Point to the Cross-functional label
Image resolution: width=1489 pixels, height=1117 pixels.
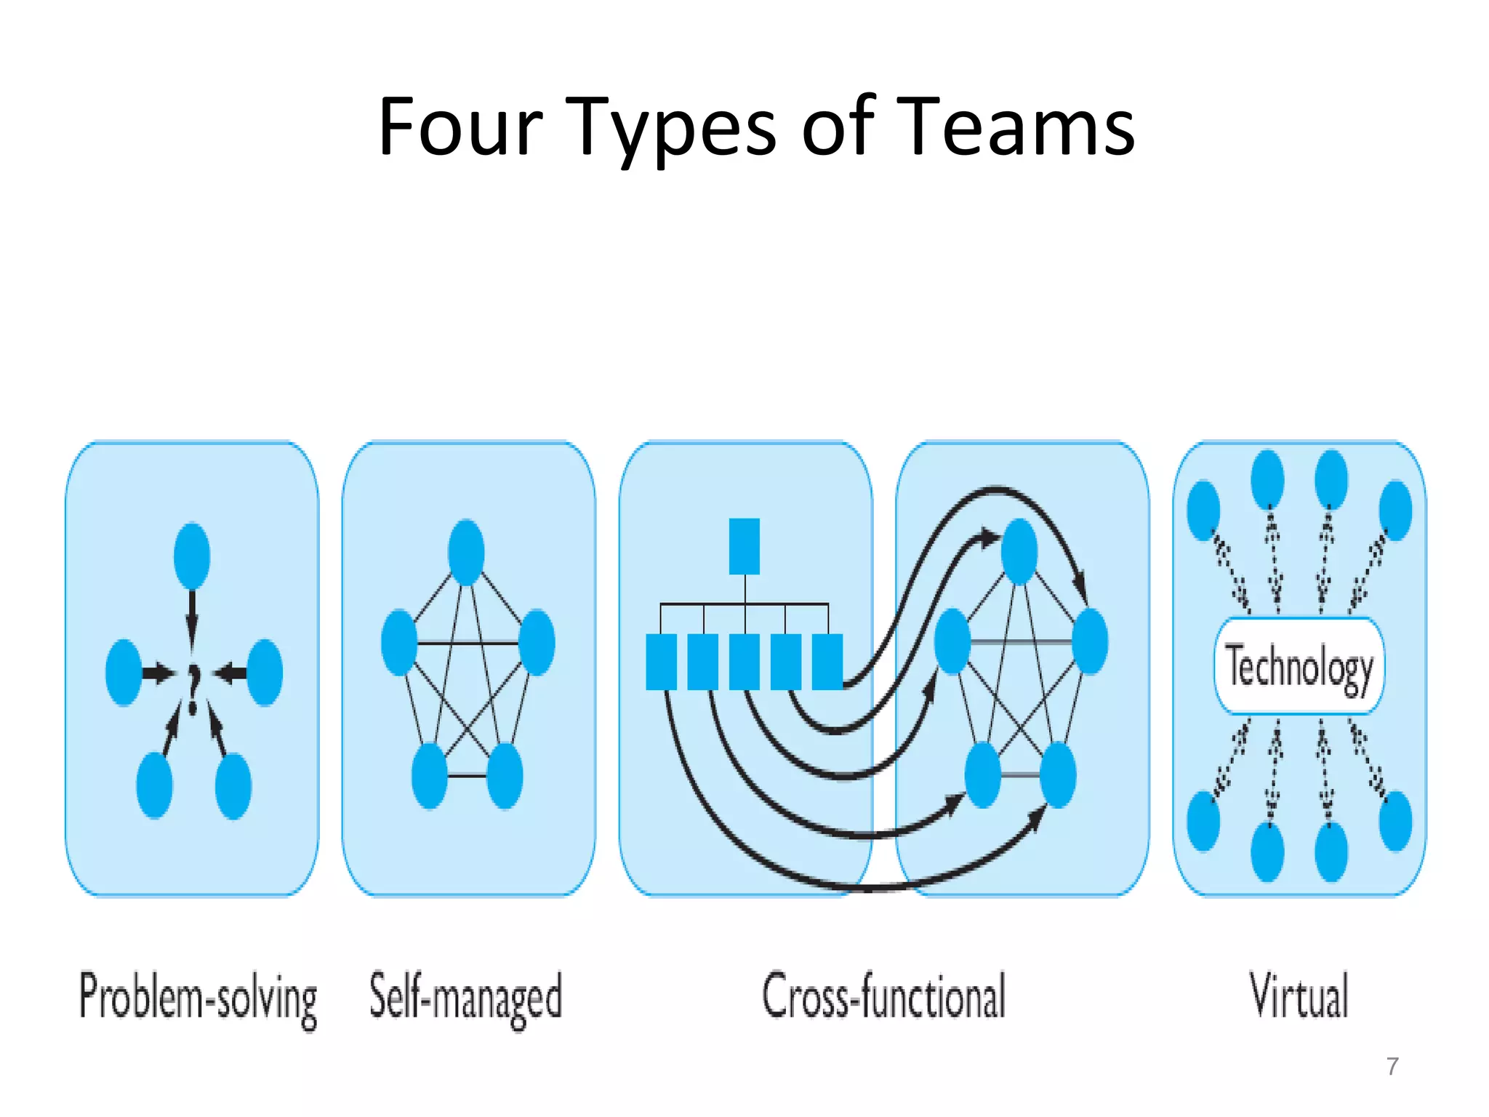tap(883, 996)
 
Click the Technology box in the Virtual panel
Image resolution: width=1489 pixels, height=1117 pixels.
tap(1299, 666)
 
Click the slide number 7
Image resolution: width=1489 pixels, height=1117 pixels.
tap(1392, 1066)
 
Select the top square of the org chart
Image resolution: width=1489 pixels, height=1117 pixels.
tap(744, 546)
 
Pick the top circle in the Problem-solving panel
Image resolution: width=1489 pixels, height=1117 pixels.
tap(192, 556)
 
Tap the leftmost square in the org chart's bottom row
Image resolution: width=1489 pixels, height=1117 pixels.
tap(661, 662)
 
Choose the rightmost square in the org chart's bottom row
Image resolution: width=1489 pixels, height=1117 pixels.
tap(827, 662)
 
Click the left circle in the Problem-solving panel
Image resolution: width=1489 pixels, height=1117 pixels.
tap(124, 672)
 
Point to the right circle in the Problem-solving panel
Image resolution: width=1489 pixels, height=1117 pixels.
tap(265, 672)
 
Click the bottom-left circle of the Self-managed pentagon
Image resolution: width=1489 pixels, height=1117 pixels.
tap(429, 775)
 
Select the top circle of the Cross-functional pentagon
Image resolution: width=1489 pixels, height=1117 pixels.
tap(1019, 551)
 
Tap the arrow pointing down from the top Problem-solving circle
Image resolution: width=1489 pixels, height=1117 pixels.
tap(192, 618)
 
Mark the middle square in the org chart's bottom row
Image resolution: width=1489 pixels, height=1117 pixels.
tap(744, 662)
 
